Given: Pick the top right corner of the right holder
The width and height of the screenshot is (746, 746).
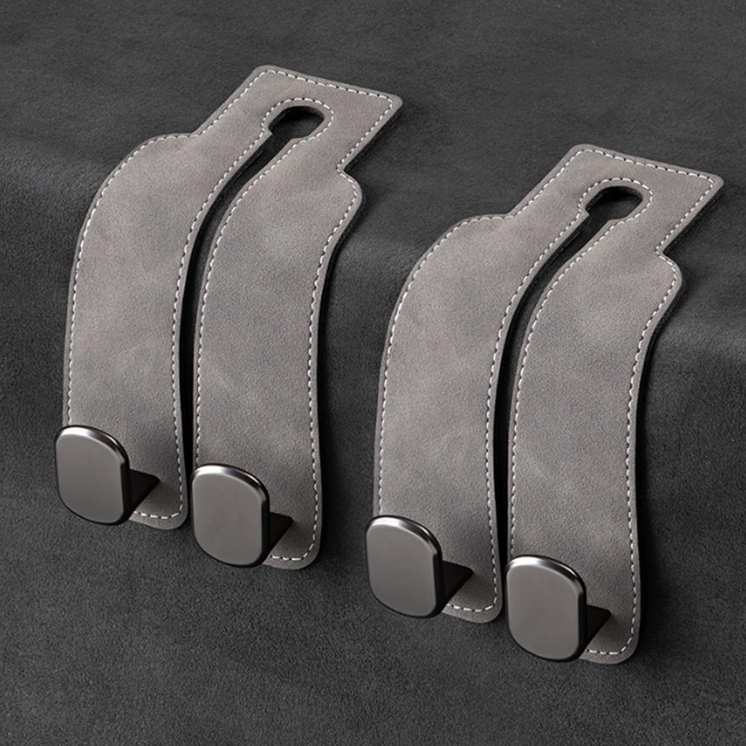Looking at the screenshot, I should [716, 179].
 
